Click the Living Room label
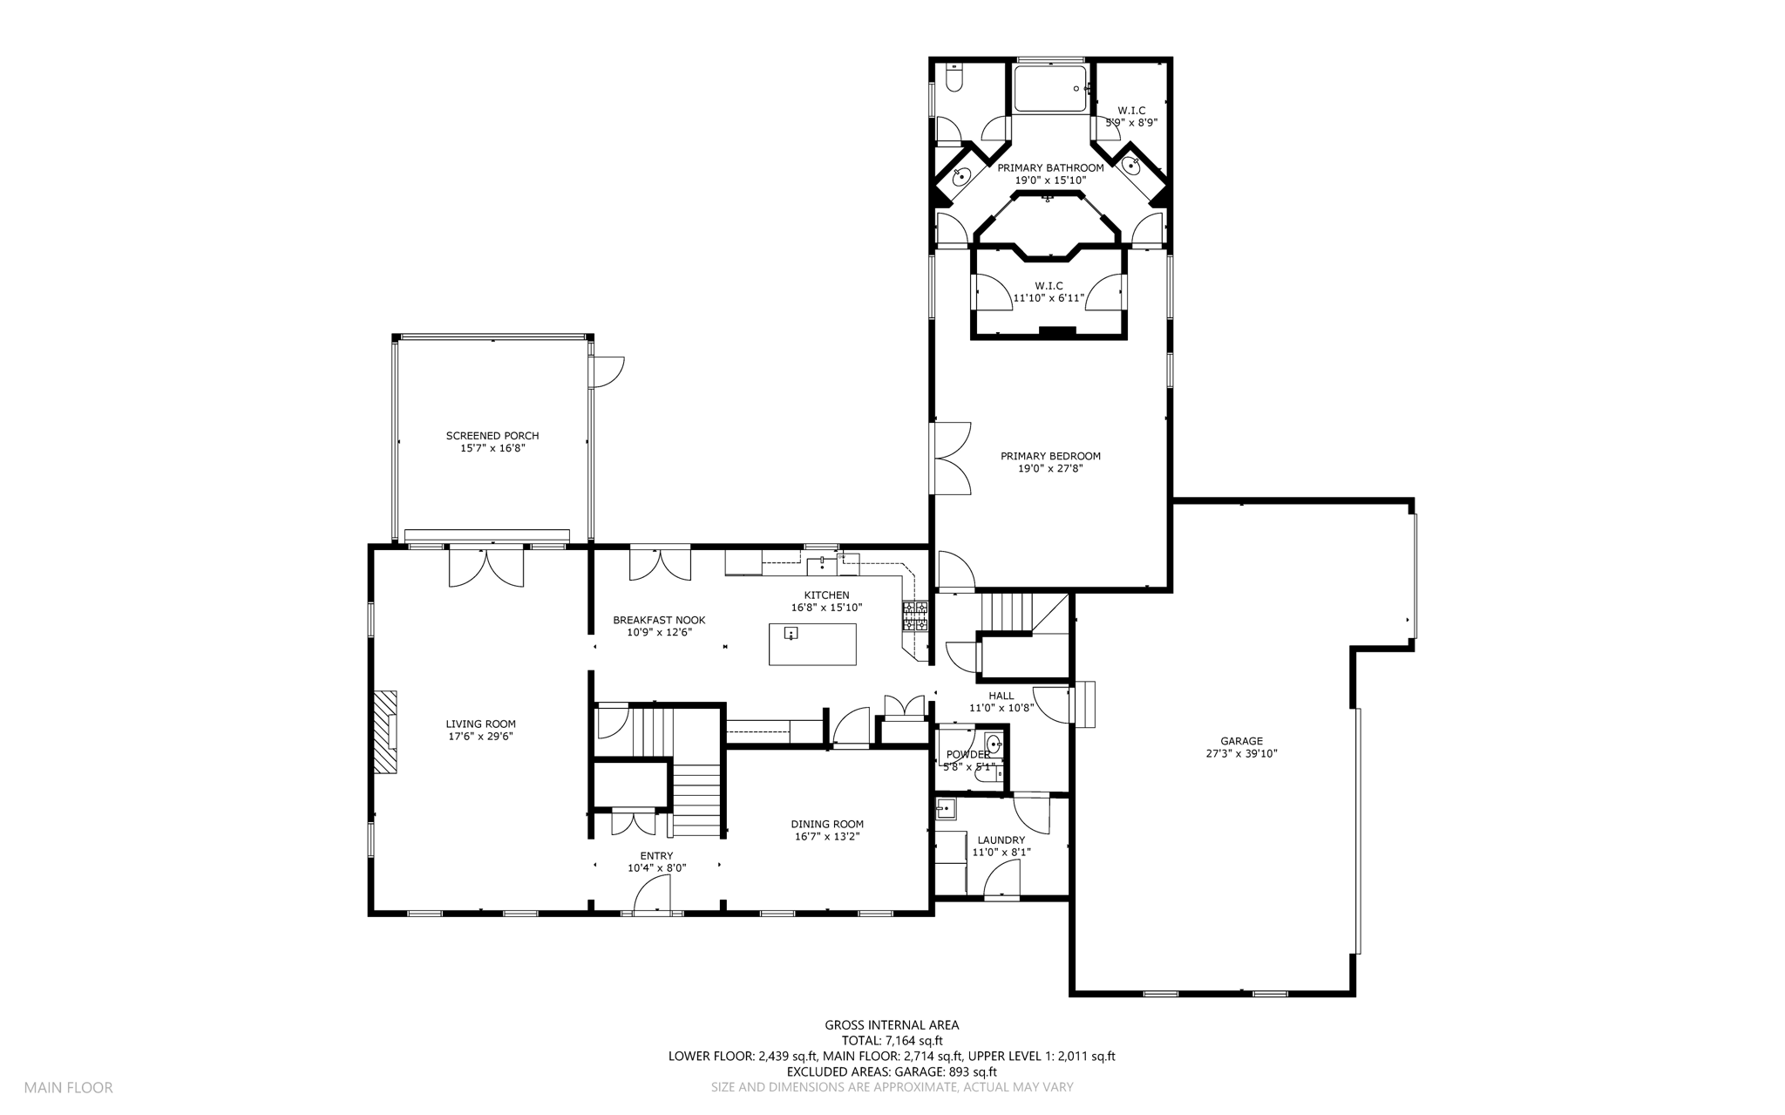[480, 724]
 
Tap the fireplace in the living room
[386, 732]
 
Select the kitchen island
[812, 644]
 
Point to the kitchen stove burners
[915, 615]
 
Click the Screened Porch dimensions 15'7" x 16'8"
[492, 448]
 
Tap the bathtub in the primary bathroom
[1050, 88]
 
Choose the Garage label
[1241, 741]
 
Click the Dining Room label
[827, 824]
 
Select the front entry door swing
[652, 894]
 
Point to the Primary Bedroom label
[1050, 456]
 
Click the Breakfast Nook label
[659, 620]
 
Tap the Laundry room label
[1001, 840]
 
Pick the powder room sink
[994, 744]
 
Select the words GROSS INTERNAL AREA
[892, 1025]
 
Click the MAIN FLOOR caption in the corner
[68, 1088]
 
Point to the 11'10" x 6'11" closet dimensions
[1049, 298]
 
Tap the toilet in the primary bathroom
[953, 78]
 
